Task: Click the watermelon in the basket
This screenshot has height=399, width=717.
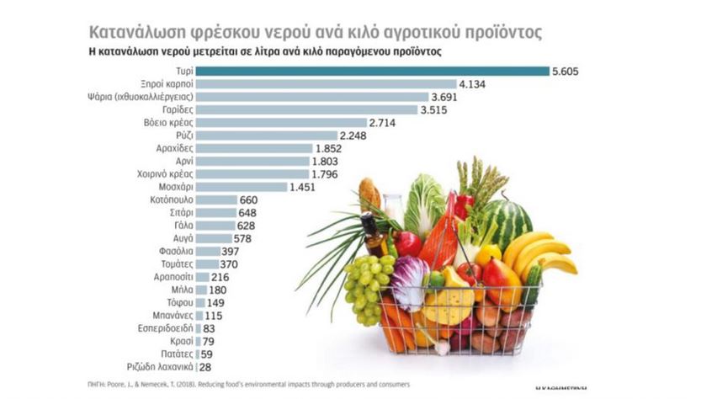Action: [508, 218]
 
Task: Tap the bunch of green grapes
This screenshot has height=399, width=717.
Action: [367, 286]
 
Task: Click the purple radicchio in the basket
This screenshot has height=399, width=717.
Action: [410, 282]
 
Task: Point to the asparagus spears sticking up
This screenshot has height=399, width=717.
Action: [482, 181]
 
